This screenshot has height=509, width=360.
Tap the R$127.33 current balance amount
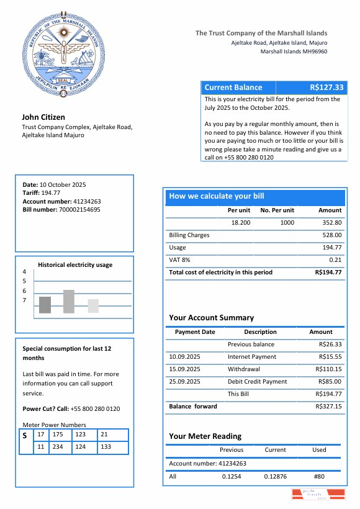click(x=326, y=88)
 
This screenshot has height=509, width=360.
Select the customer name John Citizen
click(x=43, y=117)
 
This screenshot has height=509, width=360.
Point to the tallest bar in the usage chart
click(x=68, y=301)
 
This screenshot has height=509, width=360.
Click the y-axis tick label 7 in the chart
click(x=24, y=301)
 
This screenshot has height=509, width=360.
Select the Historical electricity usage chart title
click(x=75, y=264)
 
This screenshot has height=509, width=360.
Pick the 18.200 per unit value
click(x=240, y=222)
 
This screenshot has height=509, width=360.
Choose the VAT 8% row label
click(x=179, y=259)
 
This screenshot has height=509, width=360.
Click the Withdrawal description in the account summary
click(x=243, y=369)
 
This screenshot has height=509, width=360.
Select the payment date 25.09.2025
click(x=184, y=381)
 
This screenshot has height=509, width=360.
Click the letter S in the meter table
click(x=24, y=435)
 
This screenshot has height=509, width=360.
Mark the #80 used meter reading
click(x=319, y=476)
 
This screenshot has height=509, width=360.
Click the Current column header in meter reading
click(x=275, y=449)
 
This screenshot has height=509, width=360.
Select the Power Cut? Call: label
click(x=45, y=409)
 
